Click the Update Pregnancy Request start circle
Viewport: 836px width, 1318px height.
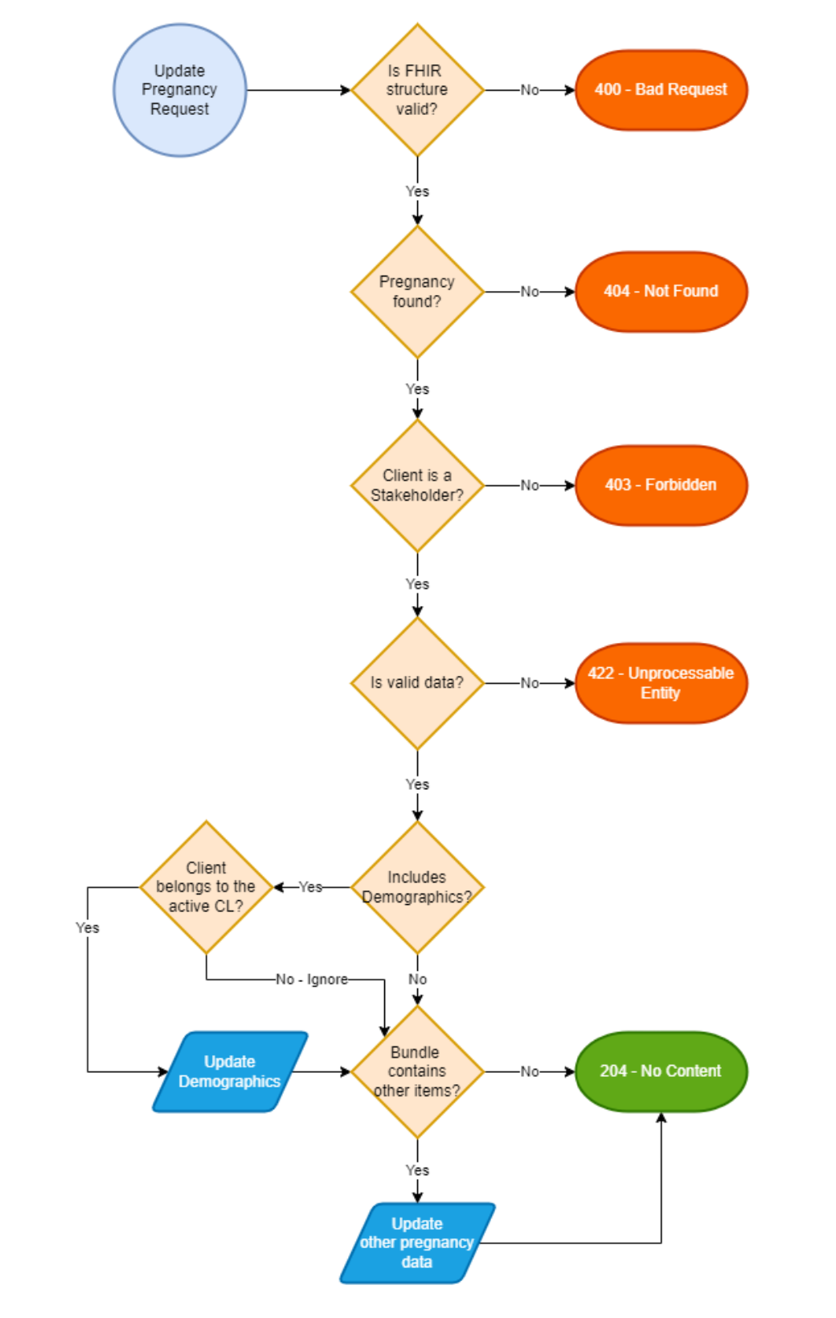coord(179,90)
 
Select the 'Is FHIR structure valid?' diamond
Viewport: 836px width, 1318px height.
coord(417,90)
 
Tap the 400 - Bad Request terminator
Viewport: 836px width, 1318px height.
coord(661,90)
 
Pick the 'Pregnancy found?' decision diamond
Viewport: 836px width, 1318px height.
coord(417,292)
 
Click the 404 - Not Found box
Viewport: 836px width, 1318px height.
coord(661,292)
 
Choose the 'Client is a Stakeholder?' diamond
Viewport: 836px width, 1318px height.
coord(417,485)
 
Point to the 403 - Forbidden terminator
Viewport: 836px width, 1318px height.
coord(661,485)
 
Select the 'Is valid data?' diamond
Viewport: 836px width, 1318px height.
coord(417,683)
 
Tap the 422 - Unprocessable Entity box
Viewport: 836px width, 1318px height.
coord(661,683)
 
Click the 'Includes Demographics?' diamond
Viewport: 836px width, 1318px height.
coord(417,887)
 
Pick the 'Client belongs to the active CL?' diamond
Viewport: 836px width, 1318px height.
coord(206,887)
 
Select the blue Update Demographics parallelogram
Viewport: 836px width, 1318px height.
coord(230,1072)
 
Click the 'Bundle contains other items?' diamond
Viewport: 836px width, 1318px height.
coord(417,1072)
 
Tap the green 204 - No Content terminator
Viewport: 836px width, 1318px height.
coord(661,1072)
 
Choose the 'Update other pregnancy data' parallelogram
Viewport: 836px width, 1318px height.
coord(417,1243)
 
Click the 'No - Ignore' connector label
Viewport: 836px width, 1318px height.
coord(312,980)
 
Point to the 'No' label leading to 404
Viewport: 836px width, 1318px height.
coord(530,292)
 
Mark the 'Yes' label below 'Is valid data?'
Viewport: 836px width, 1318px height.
coord(417,784)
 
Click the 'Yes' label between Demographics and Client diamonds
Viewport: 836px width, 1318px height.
coord(310,887)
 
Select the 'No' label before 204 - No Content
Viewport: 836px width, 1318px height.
coord(530,1072)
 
